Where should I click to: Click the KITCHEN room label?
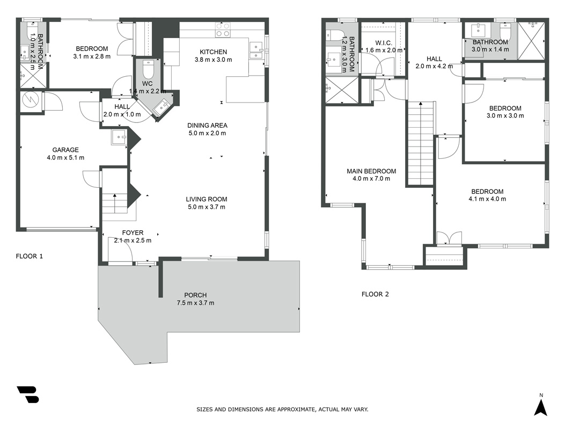point(214,52)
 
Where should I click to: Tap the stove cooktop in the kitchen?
point(223,30)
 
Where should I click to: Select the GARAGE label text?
point(65,150)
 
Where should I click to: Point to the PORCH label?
point(195,295)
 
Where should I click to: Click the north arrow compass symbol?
point(541,405)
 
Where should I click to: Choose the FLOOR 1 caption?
point(29,257)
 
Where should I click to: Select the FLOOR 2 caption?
point(375,294)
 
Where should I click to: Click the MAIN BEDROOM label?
point(371,171)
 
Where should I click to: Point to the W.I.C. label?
point(384,43)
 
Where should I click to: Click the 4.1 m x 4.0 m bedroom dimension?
point(487,199)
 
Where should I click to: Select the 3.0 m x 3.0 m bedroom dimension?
point(505,116)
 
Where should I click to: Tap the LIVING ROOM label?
point(207,199)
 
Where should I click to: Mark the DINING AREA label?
point(207,126)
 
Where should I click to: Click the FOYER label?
point(133,233)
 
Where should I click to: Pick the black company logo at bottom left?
point(28,394)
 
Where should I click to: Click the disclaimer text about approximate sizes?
point(282,409)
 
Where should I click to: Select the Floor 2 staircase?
point(421,143)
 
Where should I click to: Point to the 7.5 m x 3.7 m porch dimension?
point(195,303)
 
